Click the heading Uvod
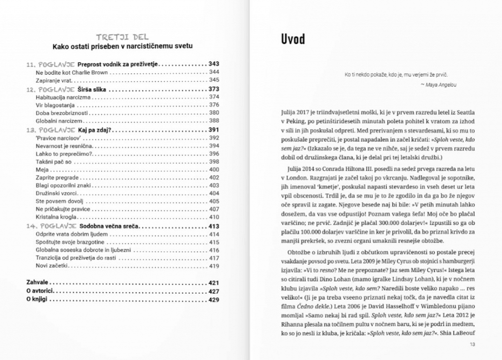[x=293, y=39]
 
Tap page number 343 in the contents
[x=214, y=64]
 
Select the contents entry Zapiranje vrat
[x=54, y=80]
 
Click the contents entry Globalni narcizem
[x=59, y=121]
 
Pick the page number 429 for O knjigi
[x=214, y=300]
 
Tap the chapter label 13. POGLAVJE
[x=51, y=130]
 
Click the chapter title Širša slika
[x=93, y=89]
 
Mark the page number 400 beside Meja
[x=214, y=170]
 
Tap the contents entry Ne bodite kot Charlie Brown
[x=72, y=72]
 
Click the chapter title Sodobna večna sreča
[x=109, y=227]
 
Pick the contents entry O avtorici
[x=40, y=292]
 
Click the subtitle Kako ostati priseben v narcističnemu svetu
[x=123, y=46]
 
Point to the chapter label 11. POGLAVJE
[x=50, y=64]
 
